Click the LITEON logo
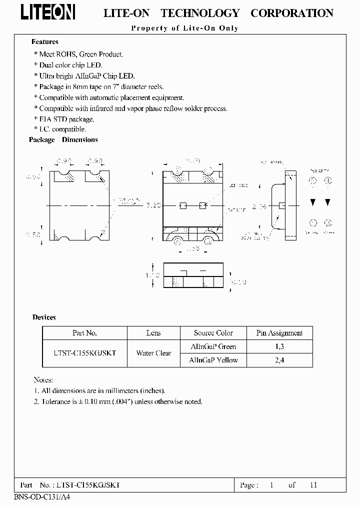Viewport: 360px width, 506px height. (x=48, y=12)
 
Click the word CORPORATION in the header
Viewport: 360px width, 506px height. (x=291, y=13)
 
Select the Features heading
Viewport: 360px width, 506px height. (x=45, y=42)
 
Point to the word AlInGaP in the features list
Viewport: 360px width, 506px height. (x=88, y=75)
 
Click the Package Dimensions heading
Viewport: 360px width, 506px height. (x=63, y=140)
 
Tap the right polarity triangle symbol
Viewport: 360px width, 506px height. (x=328, y=202)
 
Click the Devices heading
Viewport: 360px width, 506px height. (x=44, y=317)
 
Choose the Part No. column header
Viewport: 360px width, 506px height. (x=84, y=333)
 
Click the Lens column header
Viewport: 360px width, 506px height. (x=153, y=333)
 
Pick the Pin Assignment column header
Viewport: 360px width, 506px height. (x=279, y=333)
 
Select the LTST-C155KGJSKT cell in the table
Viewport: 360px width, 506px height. (x=84, y=353)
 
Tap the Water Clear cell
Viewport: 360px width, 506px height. (x=153, y=353)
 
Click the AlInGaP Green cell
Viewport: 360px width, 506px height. (x=213, y=346)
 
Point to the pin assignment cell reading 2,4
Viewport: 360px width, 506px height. (x=279, y=360)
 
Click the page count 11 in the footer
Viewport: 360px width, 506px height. (x=313, y=485)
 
